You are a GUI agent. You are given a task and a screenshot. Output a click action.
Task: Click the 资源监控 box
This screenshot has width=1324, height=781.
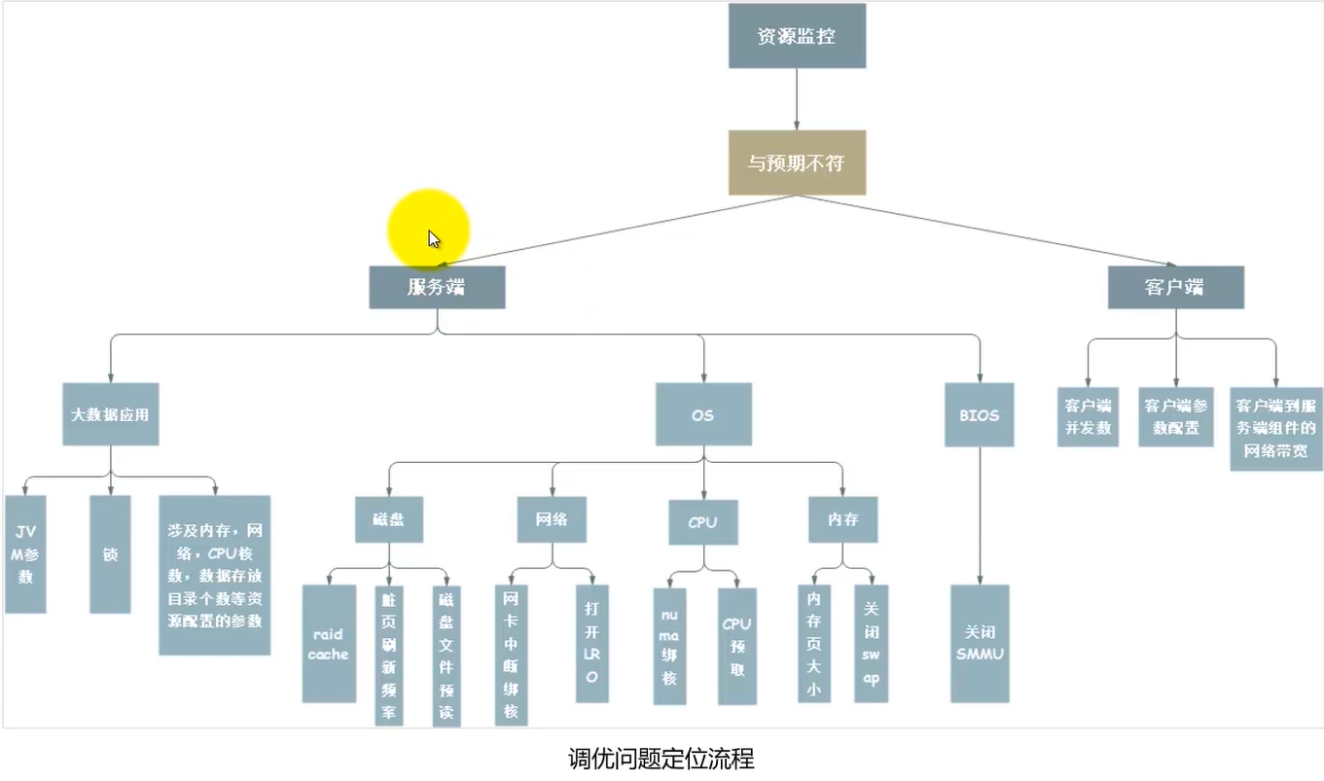pyautogui.click(x=797, y=36)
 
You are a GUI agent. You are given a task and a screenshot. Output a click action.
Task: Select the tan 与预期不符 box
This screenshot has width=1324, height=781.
pyautogui.click(x=797, y=162)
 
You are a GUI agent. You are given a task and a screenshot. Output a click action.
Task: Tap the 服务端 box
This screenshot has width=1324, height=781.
pyautogui.click(x=437, y=288)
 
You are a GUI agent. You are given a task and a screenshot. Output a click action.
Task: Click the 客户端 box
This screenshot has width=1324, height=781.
pyautogui.click(x=1175, y=288)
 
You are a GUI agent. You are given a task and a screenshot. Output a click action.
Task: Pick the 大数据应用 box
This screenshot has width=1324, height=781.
pyautogui.click(x=110, y=414)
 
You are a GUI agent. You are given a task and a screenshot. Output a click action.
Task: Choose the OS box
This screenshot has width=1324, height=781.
pyautogui.click(x=702, y=414)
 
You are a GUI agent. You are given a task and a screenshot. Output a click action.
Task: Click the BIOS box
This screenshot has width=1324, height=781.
pyautogui.click(x=979, y=414)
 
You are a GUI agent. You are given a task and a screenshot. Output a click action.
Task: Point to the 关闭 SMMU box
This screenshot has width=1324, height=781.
pyautogui.click(x=980, y=643)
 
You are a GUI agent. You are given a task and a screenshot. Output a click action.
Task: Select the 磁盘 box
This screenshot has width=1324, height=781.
pyautogui.click(x=389, y=519)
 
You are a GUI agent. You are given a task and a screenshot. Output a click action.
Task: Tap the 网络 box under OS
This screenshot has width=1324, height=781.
pyautogui.click(x=553, y=519)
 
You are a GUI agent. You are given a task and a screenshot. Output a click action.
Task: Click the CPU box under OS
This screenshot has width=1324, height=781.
pyautogui.click(x=702, y=522)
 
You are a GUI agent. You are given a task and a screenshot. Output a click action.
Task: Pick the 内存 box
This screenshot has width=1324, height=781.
pyautogui.click(x=842, y=519)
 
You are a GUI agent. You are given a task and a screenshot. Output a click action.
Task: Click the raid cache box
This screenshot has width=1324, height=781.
pyautogui.click(x=329, y=643)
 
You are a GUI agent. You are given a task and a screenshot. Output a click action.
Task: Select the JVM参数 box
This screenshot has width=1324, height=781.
pyautogui.click(x=25, y=553)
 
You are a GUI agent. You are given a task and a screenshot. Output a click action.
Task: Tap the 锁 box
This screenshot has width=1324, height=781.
pyautogui.click(x=110, y=553)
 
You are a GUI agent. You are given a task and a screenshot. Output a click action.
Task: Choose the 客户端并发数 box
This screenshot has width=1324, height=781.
pyautogui.click(x=1088, y=416)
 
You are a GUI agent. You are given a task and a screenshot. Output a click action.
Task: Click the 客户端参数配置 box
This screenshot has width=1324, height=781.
pyautogui.click(x=1175, y=416)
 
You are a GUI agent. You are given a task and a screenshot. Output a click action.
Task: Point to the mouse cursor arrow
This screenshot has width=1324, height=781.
pyautogui.click(x=433, y=238)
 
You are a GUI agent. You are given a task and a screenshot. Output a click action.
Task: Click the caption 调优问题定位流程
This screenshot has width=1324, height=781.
pyautogui.click(x=661, y=759)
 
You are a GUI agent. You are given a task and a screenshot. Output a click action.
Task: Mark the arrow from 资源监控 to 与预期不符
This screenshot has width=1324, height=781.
pyautogui.click(x=797, y=97)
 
